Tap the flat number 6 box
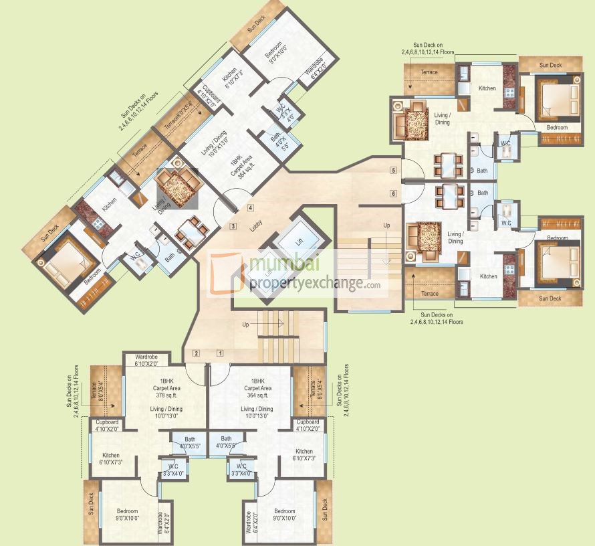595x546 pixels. (x=394, y=193)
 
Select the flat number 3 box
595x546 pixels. (x=233, y=226)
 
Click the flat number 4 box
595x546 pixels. (x=249, y=207)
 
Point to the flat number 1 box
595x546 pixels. (x=219, y=353)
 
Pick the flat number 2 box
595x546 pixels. (x=196, y=353)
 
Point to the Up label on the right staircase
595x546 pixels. (x=386, y=226)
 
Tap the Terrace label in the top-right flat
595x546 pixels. (x=429, y=72)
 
